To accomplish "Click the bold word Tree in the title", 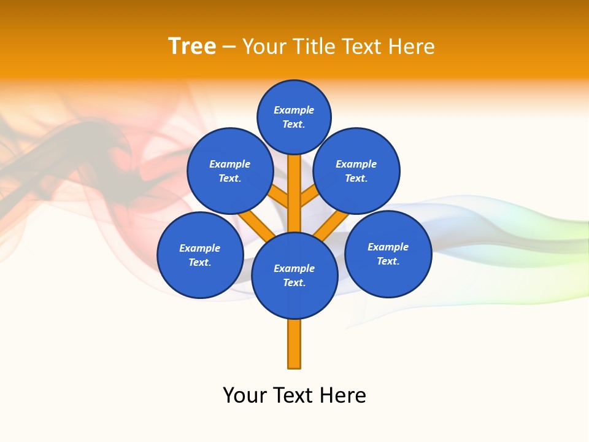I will click(x=192, y=46).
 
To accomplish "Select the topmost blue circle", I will click(x=294, y=117).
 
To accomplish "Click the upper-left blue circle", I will click(x=230, y=171).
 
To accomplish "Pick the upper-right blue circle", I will click(x=356, y=171).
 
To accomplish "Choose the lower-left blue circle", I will click(x=200, y=255).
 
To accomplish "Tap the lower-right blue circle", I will click(x=388, y=254).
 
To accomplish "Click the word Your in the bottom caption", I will click(x=244, y=395).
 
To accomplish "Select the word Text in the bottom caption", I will click(x=294, y=395).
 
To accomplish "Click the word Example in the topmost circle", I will click(x=294, y=110).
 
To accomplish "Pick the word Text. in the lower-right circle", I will click(x=388, y=261).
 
